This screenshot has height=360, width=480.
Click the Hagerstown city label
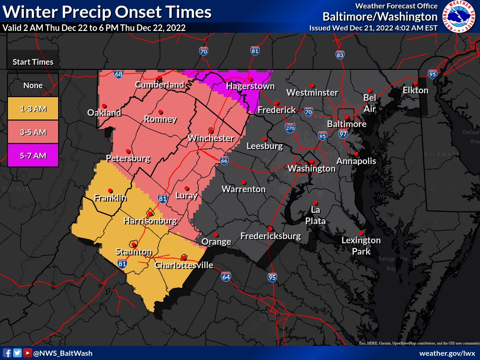tap(250, 86)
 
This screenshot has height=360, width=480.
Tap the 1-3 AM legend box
tap(33, 109)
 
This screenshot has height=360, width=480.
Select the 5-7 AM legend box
tap(33, 156)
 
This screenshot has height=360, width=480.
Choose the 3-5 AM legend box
tap(33, 132)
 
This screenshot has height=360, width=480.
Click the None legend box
tap(33, 85)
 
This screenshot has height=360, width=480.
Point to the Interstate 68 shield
tap(119, 74)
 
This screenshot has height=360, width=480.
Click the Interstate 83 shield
tap(340, 54)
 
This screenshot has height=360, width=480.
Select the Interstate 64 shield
tap(226, 277)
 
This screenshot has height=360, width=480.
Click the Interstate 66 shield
tap(224, 161)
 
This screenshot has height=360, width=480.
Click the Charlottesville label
tap(184, 265)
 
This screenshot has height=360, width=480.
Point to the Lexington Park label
tap(361, 246)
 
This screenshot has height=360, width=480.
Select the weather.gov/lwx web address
tap(447, 353)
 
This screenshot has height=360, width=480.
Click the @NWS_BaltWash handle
tap(63, 353)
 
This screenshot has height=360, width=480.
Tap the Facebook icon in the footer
tap(7, 353)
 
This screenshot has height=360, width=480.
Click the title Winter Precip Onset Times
tap(106, 12)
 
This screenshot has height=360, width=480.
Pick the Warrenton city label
tap(243, 189)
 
